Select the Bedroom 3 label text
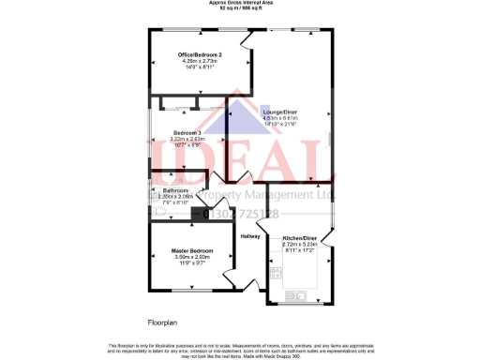click(x=186, y=132)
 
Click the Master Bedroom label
click(x=191, y=250)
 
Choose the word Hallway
click(x=249, y=236)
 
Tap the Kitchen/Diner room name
click(x=300, y=238)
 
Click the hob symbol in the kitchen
click(x=277, y=273)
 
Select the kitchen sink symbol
click(x=306, y=296)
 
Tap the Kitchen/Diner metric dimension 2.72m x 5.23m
click(x=300, y=244)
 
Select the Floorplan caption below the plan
click(x=161, y=322)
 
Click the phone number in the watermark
click(x=240, y=215)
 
